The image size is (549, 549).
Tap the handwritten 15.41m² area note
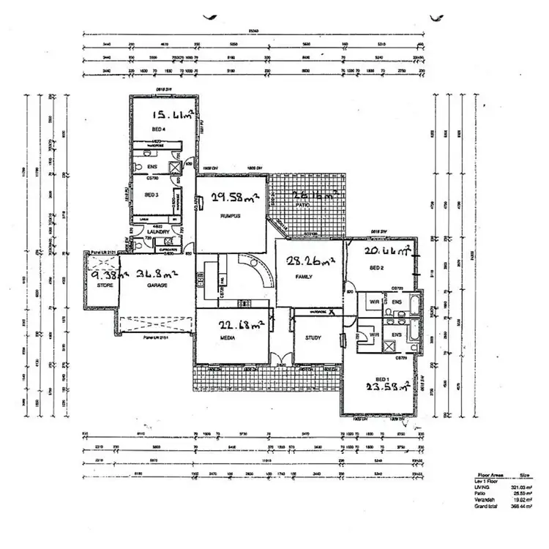click(x=173, y=115)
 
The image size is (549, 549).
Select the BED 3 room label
click(x=152, y=195)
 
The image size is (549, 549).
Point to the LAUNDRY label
click(x=159, y=232)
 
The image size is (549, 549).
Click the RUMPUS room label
click(x=231, y=217)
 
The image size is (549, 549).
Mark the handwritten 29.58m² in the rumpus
click(x=233, y=198)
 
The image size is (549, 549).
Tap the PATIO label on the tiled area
click(x=301, y=206)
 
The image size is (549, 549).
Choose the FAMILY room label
click(x=305, y=277)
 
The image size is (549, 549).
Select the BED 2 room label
click(x=377, y=269)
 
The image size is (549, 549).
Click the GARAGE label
click(x=153, y=286)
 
